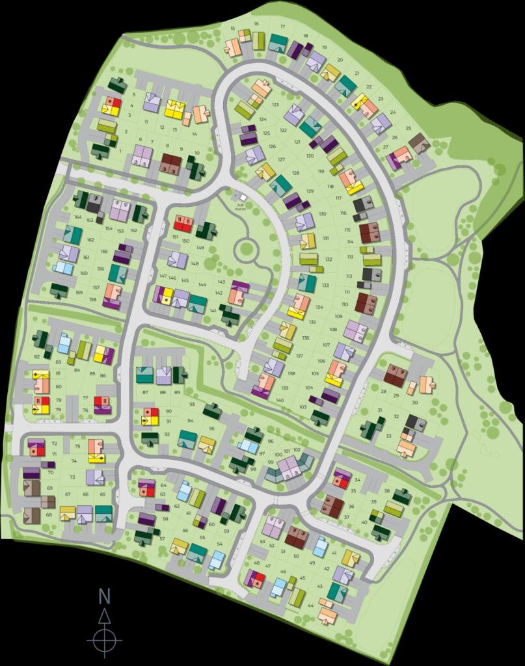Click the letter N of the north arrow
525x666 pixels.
(x=104, y=595)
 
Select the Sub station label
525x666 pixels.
(x=239, y=205)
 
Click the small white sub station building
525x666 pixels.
(x=243, y=197)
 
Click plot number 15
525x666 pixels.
(x=233, y=29)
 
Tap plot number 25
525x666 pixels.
(x=409, y=128)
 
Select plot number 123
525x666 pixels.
(x=275, y=105)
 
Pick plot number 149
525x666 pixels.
(x=200, y=248)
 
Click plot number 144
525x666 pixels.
(x=202, y=284)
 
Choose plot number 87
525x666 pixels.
(x=145, y=392)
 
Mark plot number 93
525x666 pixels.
(x=192, y=405)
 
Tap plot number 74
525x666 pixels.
(x=74, y=460)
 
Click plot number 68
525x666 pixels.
(x=49, y=515)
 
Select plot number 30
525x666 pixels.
(x=414, y=403)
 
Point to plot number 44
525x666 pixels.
(x=311, y=606)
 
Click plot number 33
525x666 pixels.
(x=388, y=436)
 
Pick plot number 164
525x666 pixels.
(x=78, y=217)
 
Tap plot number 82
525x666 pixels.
(x=37, y=356)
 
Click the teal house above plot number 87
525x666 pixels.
(x=144, y=375)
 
